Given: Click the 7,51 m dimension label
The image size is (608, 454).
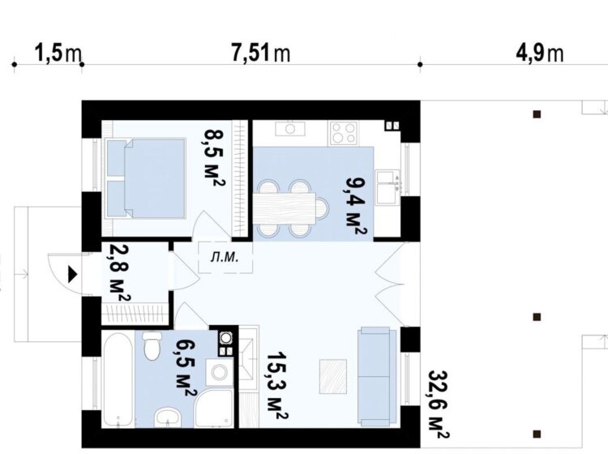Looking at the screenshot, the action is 260,53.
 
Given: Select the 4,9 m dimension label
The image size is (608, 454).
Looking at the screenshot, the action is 539,53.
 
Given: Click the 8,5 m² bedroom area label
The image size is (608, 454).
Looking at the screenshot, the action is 215,158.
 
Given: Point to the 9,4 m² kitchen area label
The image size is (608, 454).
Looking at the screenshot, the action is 355,205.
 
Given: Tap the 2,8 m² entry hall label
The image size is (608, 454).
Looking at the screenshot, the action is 118,272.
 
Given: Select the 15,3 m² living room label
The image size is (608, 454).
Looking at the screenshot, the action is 277,386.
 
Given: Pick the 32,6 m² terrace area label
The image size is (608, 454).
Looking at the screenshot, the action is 439,404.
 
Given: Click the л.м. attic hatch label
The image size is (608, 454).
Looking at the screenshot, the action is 225,257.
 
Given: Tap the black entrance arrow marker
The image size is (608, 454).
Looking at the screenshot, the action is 73,274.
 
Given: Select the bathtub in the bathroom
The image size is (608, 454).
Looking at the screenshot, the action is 118,380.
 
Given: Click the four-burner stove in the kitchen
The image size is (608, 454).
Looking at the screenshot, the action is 344,133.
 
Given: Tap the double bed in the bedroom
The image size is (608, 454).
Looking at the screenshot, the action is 146,178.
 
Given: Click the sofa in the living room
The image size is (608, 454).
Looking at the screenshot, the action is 377,376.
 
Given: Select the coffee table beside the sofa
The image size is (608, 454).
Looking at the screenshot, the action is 333,376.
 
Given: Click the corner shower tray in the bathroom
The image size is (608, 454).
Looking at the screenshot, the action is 214,409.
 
